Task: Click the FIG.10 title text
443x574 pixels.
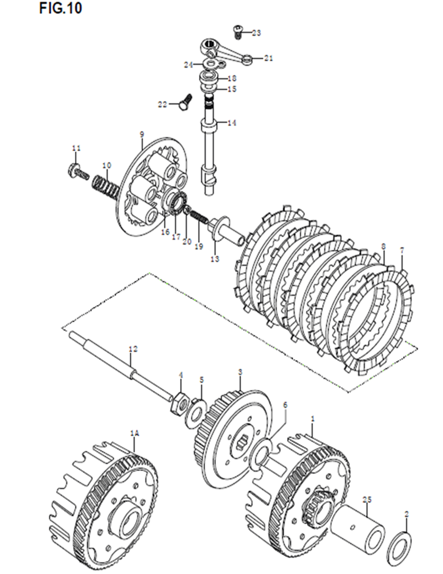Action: [60, 8]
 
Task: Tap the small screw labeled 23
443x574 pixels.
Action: [238, 31]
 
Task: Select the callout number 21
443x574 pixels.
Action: [269, 58]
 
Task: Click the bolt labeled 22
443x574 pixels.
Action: [185, 102]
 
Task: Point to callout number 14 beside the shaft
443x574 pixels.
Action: [232, 123]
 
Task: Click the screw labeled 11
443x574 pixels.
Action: [79, 172]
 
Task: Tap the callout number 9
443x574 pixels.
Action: [142, 135]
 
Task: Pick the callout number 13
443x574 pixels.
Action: [215, 259]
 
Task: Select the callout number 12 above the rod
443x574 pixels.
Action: [133, 349]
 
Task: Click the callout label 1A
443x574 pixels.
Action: [135, 434]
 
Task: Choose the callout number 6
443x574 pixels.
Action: [285, 405]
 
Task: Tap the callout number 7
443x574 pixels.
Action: [402, 251]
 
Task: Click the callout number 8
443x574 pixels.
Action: [383, 246]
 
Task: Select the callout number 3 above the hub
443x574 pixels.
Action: [240, 372]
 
